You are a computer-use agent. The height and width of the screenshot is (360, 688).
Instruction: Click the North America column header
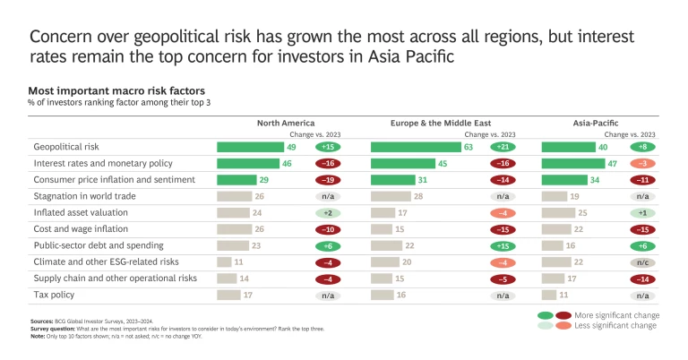[286, 122]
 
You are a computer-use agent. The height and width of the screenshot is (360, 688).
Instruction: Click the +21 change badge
[503, 147]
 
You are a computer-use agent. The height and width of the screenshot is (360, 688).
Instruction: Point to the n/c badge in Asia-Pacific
[642, 261]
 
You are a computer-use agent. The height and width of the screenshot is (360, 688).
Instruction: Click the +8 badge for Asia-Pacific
[642, 147]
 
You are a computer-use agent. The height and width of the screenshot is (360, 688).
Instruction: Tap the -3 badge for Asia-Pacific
[642, 164]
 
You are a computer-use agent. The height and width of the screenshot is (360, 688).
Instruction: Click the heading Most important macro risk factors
[116, 91]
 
